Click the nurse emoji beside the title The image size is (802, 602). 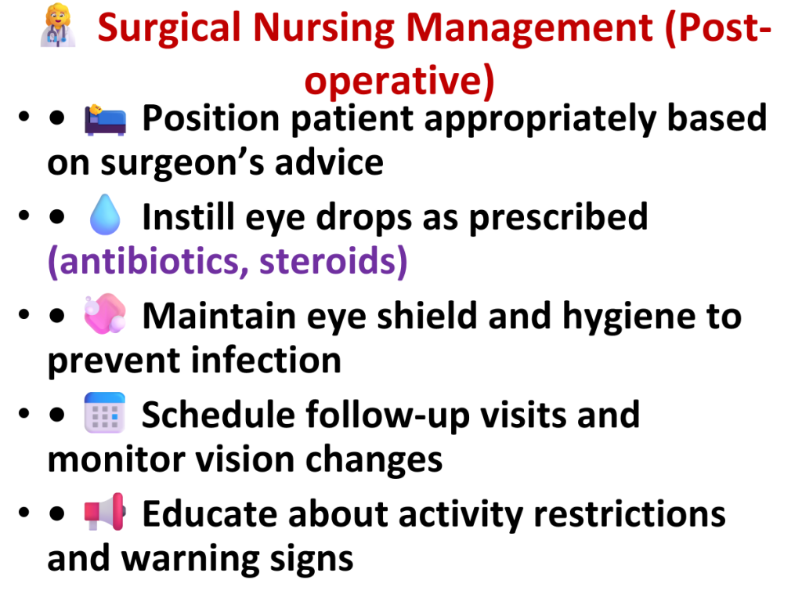tap(58, 26)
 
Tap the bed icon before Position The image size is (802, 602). tap(105, 120)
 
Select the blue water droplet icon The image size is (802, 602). tap(105, 215)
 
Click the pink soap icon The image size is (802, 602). tap(105, 314)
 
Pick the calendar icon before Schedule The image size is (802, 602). tap(105, 412)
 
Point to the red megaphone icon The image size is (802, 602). tap(105, 511)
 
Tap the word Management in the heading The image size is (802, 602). tap(529, 29)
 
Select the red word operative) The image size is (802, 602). tap(399, 81)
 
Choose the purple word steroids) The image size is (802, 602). tap(334, 261)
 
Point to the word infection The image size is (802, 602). tap(266, 361)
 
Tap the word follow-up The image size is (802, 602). tap(387, 415)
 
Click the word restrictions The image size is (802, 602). tap(630, 513)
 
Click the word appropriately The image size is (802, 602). tap(540, 120)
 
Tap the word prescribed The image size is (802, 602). tap(558, 218)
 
